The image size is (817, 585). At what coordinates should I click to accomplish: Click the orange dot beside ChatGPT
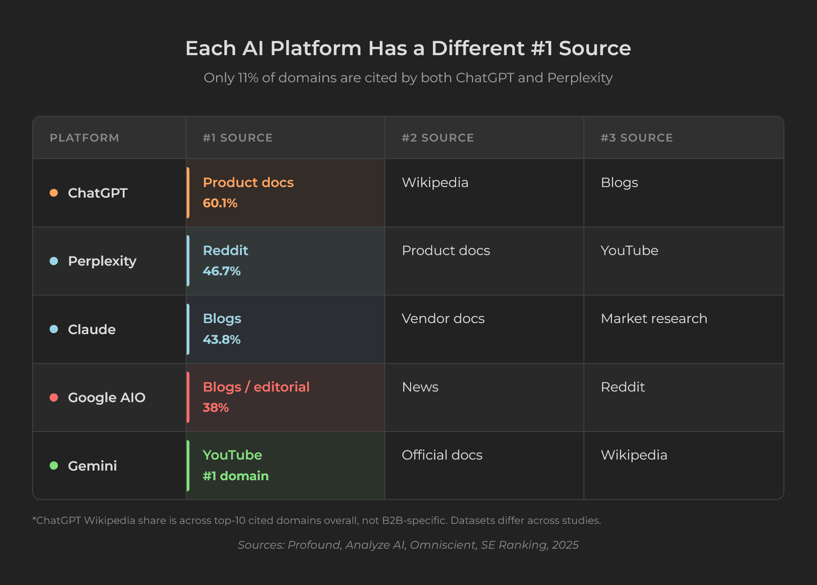(x=54, y=193)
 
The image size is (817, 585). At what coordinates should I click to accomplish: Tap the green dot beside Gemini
(x=54, y=466)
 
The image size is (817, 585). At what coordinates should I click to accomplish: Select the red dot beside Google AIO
(x=54, y=398)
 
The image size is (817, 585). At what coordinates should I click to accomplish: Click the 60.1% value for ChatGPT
(x=220, y=203)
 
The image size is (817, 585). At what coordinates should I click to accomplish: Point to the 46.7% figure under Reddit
(x=222, y=271)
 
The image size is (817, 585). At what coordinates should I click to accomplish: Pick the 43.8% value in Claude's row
(x=222, y=340)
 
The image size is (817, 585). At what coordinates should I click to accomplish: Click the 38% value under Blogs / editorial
(x=216, y=408)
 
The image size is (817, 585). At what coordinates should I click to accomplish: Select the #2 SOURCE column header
(x=437, y=138)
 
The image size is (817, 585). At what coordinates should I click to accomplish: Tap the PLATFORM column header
(x=84, y=138)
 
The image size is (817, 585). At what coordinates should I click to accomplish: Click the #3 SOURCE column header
(x=636, y=138)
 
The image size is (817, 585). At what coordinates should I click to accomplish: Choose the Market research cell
(x=654, y=318)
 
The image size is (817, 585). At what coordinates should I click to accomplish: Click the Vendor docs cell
(x=443, y=318)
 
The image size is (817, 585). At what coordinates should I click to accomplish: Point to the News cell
(x=420, y=387)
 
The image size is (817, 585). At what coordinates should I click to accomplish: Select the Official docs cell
(x=442, y=455)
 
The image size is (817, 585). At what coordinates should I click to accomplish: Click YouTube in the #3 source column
(x=629, y=250)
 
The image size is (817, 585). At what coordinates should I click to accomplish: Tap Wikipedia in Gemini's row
(x=634, y=455)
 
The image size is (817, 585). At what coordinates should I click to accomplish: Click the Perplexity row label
(x=102, y=261)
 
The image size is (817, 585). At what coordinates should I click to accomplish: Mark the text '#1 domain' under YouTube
(x=235, y=476)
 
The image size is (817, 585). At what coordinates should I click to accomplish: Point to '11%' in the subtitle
(x=248, y=78)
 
